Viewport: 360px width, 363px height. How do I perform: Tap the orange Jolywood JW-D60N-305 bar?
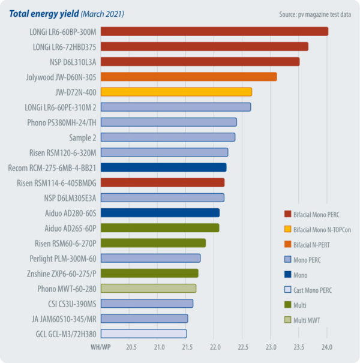point(188,76)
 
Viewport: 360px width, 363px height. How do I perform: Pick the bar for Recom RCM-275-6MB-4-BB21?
point(163,167)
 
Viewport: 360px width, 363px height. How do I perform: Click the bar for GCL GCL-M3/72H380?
point(143,334)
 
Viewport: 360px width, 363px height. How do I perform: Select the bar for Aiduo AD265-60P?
point(160,228)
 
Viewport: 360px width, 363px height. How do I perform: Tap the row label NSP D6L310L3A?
point(71,61)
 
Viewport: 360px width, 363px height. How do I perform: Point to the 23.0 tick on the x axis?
point(271,347)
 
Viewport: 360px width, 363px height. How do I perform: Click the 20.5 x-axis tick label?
point(131,347)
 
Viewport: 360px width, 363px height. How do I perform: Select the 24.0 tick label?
point(327,347)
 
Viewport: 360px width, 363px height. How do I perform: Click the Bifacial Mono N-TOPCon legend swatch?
point(287,229)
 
